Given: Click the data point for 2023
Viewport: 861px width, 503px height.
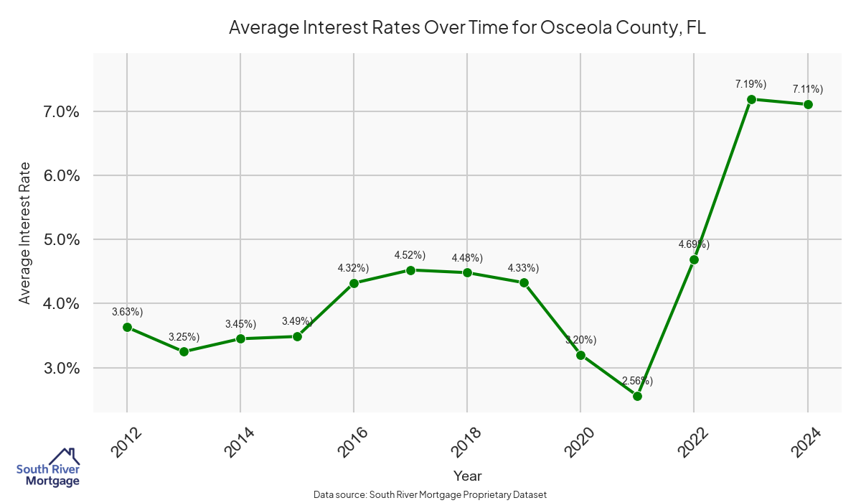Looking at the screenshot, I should (751, 99).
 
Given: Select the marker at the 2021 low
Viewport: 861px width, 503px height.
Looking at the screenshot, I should (637, 396).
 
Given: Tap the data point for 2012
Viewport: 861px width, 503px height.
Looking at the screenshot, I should (127, 327).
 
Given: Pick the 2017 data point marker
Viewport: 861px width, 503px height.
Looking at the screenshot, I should (410, 270).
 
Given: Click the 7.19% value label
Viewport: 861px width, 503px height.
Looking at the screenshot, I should (751, 84).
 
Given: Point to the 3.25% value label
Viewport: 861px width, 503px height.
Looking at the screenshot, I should (184, 336).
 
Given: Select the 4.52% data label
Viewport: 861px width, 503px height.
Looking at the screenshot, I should (410, 255).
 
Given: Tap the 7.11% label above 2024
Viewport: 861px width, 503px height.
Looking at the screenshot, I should (807, 89).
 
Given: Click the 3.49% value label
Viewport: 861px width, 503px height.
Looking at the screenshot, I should (297, 320).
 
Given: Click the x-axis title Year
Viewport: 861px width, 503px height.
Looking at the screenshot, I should (467, 476).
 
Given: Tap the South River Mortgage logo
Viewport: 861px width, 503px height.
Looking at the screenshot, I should (48, 467).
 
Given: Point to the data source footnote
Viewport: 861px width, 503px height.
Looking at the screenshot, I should (430, 494).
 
